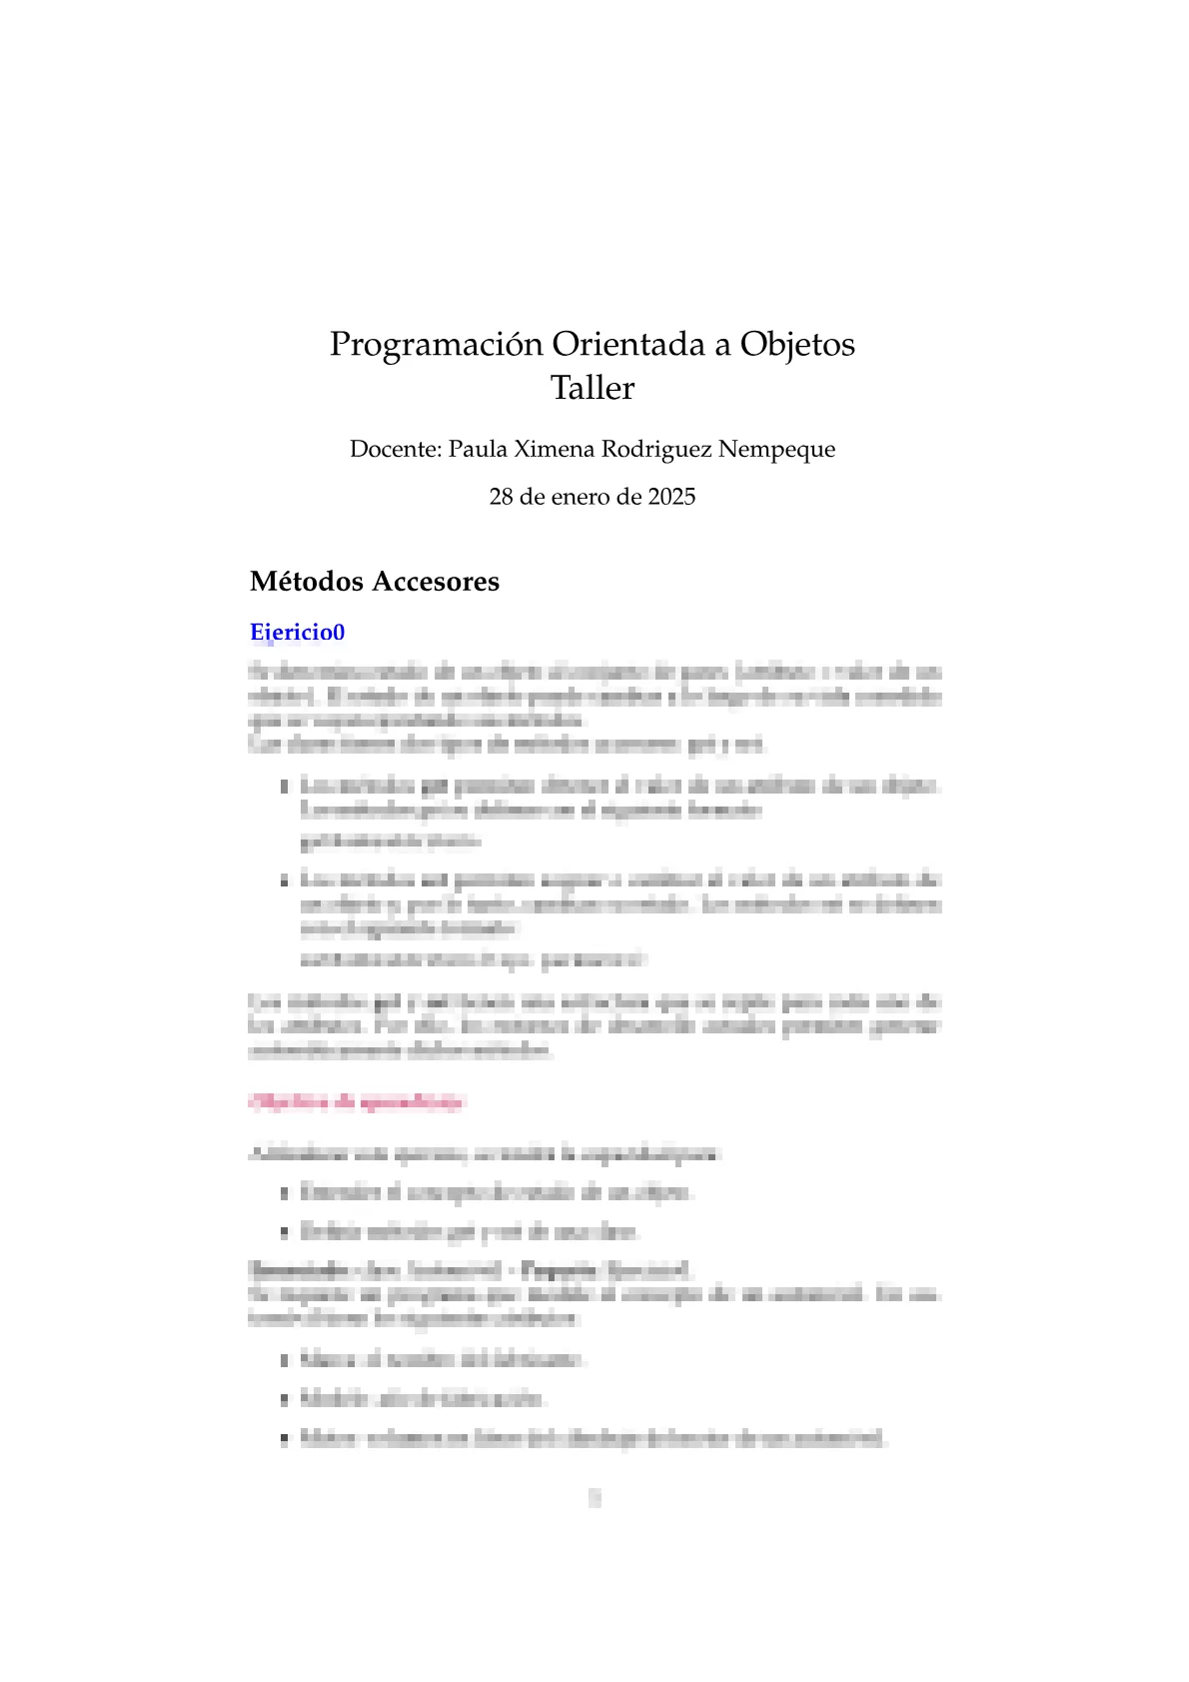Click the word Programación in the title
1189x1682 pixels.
[x=438, y=345]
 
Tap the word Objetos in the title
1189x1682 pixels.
[x=796, y=344]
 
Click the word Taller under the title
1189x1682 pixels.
[x=592, y=388]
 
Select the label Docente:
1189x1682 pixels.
[x=395, y=449]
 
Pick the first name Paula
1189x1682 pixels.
[x=477, y=449]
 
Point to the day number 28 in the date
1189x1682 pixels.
[x=501, y=497]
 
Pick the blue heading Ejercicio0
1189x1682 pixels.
[x=297, y=633]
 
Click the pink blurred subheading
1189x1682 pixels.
[x=357, y=1102]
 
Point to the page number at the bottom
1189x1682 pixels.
[x=594, y=1497]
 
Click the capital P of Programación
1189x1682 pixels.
[x=340, y=345]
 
